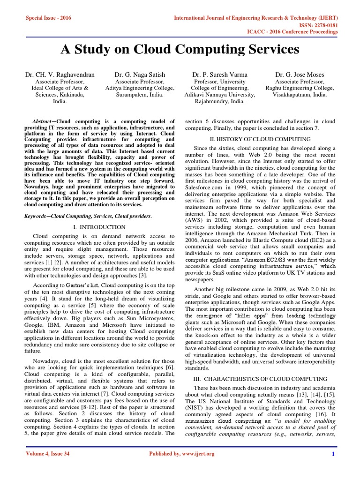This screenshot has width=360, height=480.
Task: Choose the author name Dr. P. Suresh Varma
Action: coord(220,75)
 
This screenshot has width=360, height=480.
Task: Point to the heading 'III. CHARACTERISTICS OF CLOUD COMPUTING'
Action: coord(260,378)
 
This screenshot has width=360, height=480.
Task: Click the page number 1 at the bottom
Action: coord(333,467)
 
